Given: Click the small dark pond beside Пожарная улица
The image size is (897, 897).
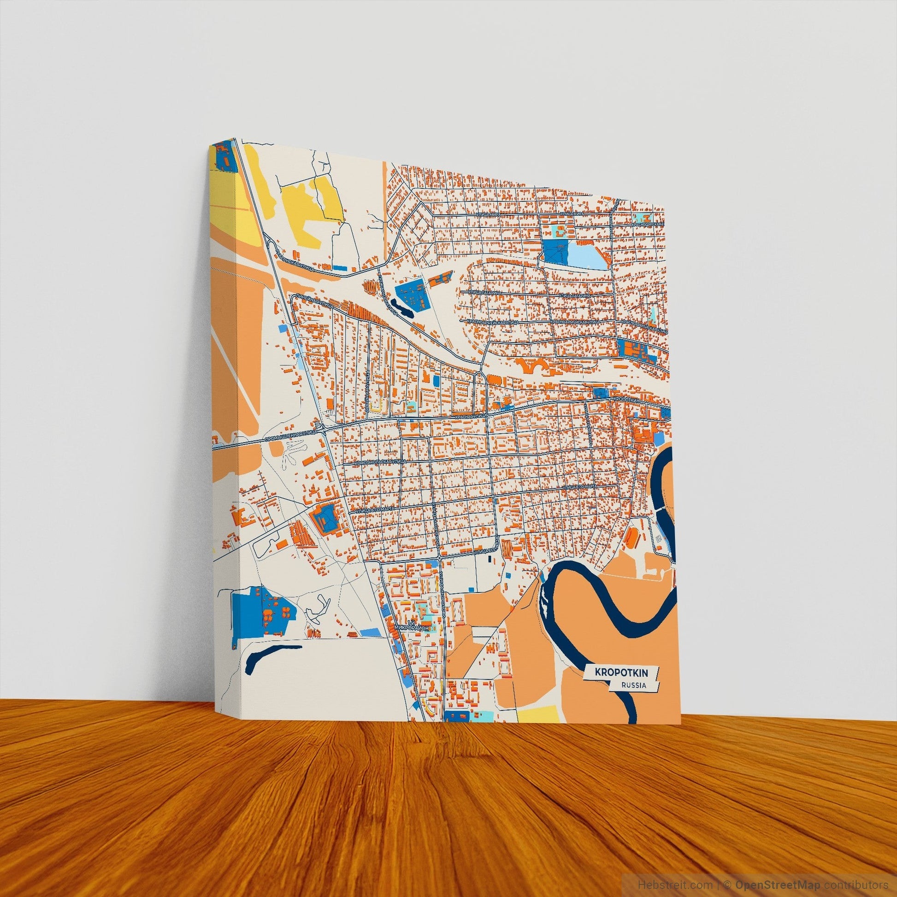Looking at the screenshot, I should click(402, 308).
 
